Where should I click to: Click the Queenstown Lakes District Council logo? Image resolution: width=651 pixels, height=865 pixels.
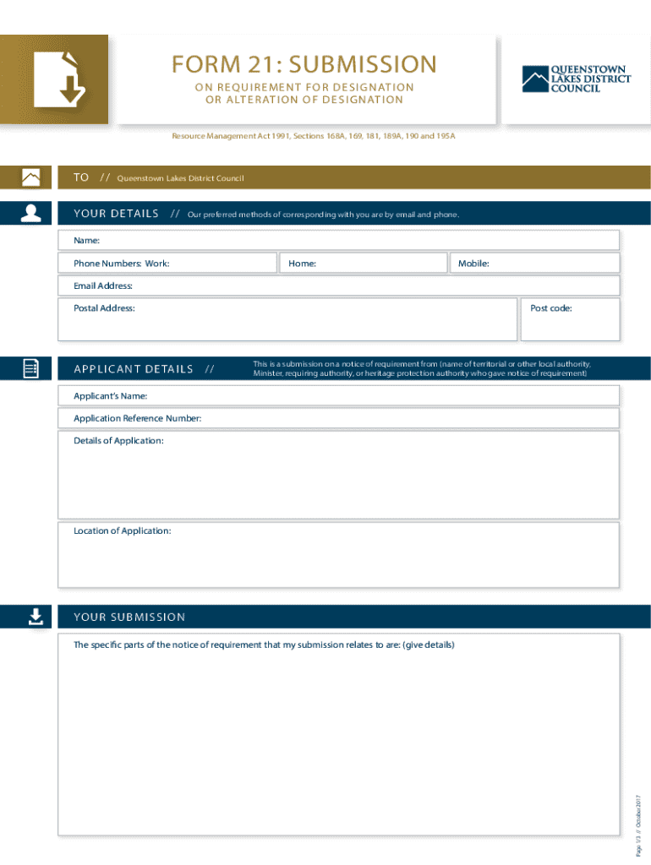[576, 79]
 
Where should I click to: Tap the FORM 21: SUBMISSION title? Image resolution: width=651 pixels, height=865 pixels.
[304, 64]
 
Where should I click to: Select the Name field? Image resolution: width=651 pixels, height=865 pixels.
[338, 242]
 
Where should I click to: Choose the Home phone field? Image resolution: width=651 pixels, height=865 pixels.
[364, 264]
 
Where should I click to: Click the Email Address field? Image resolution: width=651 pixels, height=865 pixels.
[338, 286]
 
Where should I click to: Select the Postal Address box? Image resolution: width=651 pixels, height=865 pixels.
[287, 319]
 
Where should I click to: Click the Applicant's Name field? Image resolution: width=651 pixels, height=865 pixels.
[338, 395]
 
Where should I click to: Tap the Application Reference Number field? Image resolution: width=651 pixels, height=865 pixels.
[338, 418]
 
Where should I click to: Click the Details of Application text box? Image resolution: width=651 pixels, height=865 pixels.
[338, 475]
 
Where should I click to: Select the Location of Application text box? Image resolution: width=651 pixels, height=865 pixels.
[338, 555]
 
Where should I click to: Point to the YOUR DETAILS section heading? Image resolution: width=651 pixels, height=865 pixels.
[116, 214]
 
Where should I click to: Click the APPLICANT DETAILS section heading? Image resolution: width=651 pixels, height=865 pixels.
[134, 369]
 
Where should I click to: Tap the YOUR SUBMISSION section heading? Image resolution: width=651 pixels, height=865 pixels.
[129, 617]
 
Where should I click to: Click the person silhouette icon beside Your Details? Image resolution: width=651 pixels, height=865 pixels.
[31, 213]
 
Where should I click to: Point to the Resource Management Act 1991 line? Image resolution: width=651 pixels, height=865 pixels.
[314, 135]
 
